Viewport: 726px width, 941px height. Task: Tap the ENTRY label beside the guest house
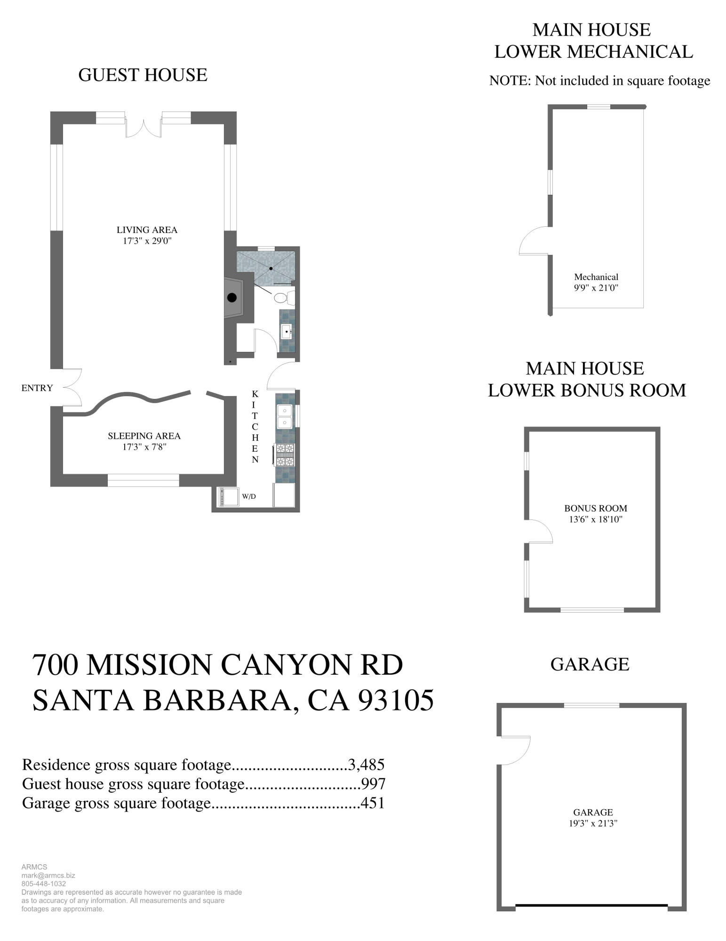pos(37,388)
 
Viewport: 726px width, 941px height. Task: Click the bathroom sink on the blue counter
pos(287,332)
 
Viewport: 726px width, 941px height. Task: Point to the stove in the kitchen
pos(285,455)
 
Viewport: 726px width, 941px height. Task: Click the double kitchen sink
pos(284,416)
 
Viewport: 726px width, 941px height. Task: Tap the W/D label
pos(249,496)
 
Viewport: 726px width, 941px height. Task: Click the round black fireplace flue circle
pos(231,297)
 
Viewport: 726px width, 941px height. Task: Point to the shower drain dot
pos(271,268)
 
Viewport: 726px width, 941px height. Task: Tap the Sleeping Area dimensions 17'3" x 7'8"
pos(144,447)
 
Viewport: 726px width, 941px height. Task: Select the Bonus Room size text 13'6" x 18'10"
pos(596,519)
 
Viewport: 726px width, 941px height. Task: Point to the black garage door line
pos(591,905)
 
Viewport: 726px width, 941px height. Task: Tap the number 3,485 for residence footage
pos(366,765)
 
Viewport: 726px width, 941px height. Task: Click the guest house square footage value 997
pos(373,783)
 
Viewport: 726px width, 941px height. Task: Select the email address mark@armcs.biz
pos(48,876)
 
